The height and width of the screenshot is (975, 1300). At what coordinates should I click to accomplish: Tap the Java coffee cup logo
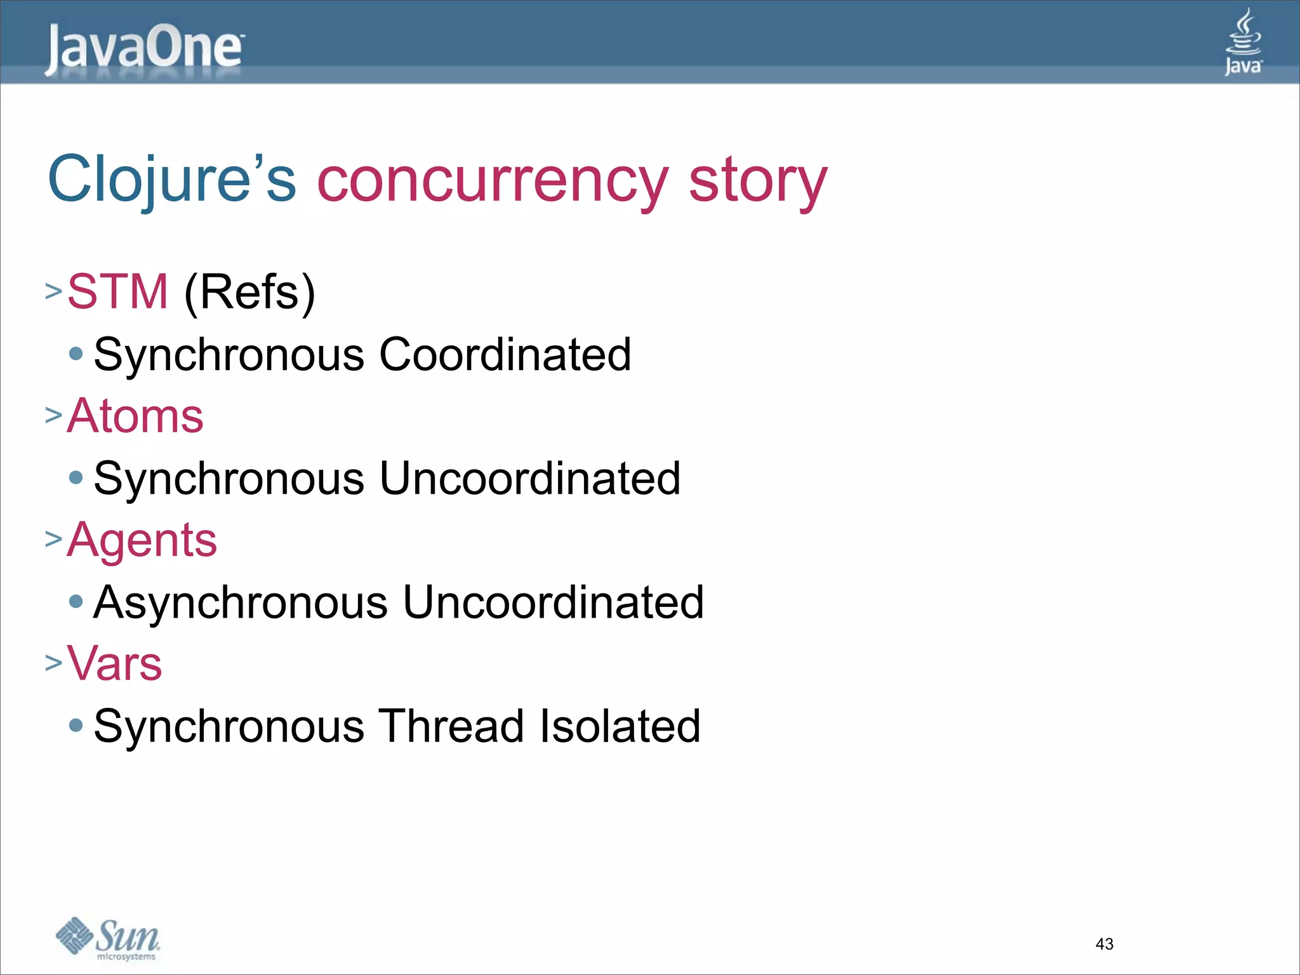pyautogui.click(x=1243, y=42)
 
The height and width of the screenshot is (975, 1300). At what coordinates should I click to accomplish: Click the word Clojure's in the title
pyautogui.click(x=172, y=180)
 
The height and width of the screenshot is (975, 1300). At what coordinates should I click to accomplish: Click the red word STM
pyautogui.click(x=117, y=291)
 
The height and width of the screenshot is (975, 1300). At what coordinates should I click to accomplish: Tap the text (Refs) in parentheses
pyautogui.click(x=249, y=292)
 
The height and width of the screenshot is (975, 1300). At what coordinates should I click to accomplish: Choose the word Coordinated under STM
pyautogui.click(x=505, y=354)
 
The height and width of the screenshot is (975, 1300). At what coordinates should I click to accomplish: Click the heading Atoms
pyautogui.click(x=135, y=416)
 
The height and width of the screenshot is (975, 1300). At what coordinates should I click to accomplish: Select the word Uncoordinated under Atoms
pyautogui.click(x=529, y=478)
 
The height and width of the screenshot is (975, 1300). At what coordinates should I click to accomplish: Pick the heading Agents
pyautogui.click(x=142, y=540)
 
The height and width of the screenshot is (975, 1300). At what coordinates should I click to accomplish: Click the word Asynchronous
pyautogui.click(x=241, y=602)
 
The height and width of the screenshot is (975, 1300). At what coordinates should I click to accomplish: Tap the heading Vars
pyautogui.click(x=114, y=663)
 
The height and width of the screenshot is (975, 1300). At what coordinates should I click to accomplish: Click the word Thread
pyautogui.click(x=451, y=726)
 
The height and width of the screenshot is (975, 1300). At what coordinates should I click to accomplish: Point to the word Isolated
pyautogui.click(x=620, y=726)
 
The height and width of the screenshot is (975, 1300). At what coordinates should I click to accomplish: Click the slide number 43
pyautogui.click(x=1104, y=944)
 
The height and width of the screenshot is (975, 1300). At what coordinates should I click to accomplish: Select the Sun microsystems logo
pyautogui.click(x=108, y=938)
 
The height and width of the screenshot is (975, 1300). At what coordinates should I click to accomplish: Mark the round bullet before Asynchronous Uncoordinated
pyautogui.click(x=76, y=602)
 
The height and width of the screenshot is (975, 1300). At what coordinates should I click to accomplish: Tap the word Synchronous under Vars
pyautogui.click(x=229, y=726)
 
